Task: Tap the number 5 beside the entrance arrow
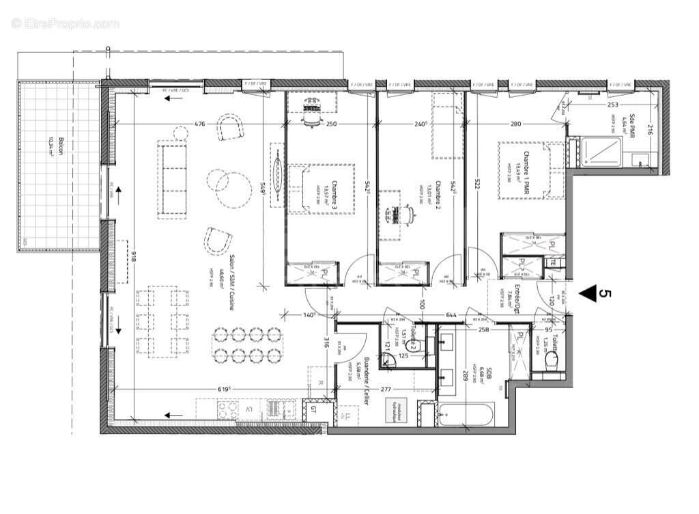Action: click(x=604, y=293)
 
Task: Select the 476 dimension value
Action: click(x=199, y=124)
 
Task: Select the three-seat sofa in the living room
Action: click(x=173, y=180)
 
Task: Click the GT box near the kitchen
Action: click(x=313, y=411)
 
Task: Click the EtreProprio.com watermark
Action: click(x=66, y=24)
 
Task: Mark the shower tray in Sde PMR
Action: click(x=601, y=151)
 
